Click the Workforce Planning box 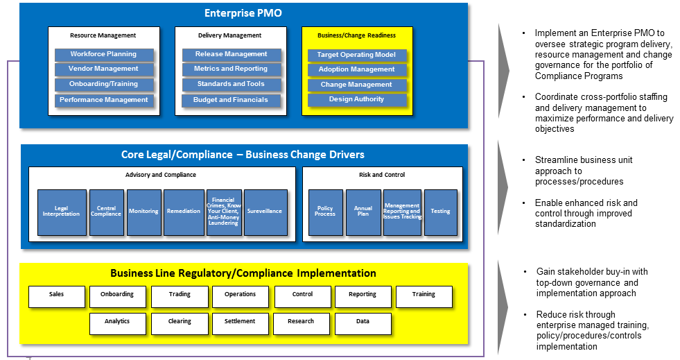click(x=103, y=54)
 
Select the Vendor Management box click(x=103, y=69)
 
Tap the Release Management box click(x=231, y=54)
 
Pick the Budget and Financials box click(x=231, y=100)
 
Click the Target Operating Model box click(x=357, y=55)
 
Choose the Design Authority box click(x=357, y=99)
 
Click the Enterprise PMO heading click(x=243, y=13)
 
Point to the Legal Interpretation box click(x=62, y=212)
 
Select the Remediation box click(x=184, y=212)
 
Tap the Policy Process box click(x=325, y=212)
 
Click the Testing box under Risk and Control click(x=440, y=212)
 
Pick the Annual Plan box click(x=363, y=212)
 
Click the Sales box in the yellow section click(x=57, y=295)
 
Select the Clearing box click(x=180, y=323)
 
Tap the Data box click(x=363, y=323)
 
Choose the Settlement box click(x=240, y=323)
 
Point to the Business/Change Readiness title click(x=356, y=35)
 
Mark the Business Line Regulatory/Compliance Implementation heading click(x=243, y=273)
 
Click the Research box click(x=301, y=323)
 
